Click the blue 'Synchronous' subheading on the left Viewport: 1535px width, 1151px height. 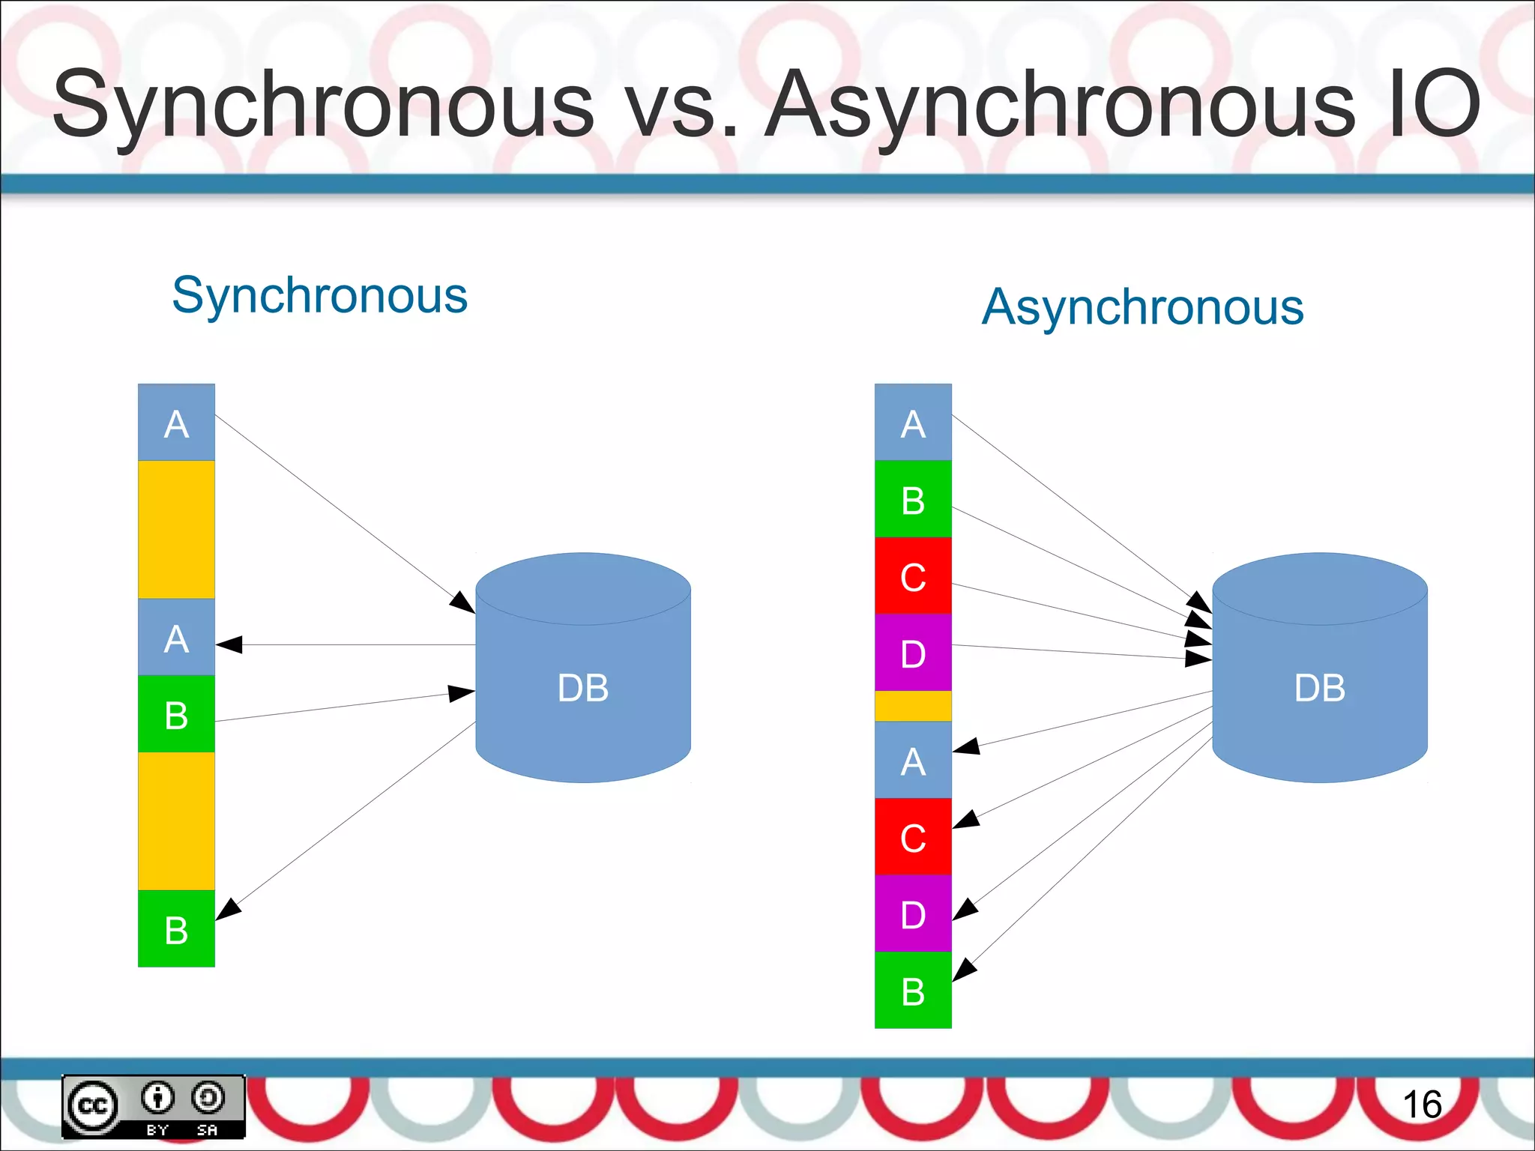319,295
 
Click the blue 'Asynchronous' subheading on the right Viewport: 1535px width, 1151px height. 1142,307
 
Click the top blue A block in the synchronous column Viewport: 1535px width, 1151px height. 176,423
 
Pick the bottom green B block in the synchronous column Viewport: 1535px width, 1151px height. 176,928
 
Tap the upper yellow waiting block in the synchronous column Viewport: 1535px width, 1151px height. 176,529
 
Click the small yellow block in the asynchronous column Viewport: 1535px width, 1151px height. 913,706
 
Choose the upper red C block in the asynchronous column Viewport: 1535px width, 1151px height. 913,575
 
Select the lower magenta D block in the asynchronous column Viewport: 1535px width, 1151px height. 913,913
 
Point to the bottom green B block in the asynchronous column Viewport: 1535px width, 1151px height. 913,990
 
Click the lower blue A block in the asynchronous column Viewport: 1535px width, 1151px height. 913,760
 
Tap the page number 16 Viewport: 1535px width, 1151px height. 1421,1105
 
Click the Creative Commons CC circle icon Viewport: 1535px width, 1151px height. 93,1105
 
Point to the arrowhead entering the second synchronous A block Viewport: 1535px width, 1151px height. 229,644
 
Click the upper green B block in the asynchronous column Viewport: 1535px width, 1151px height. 913,499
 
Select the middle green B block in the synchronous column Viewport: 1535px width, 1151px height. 176,713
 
